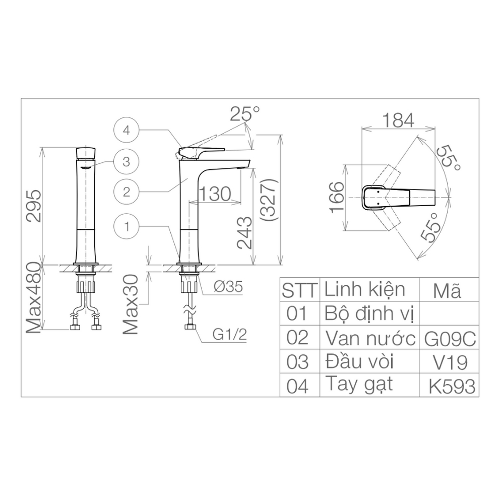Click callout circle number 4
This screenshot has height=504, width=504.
(x=127, y=130)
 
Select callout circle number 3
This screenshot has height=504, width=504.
(x=127, y=161)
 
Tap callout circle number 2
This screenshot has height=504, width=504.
(x=127, y=192)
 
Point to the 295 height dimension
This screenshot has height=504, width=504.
(x=33, y=206)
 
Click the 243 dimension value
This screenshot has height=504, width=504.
(x=244, y=233)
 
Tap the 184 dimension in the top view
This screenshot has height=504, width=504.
(x=398, y=120)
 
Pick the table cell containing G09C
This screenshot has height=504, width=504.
(x=450, y=338)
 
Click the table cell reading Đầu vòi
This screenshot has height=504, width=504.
(x=359, y=362)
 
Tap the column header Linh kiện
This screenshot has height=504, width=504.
(x=364, y=290)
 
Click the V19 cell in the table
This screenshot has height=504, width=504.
(x=450, y=362)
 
